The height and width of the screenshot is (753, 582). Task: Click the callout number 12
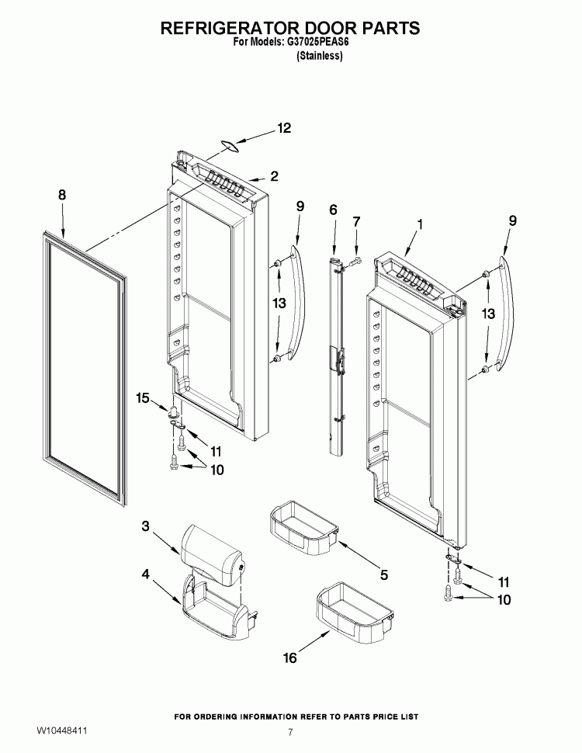[284, 128]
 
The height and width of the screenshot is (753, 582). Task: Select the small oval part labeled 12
[230, 146]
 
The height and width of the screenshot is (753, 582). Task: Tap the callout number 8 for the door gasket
[62, 195]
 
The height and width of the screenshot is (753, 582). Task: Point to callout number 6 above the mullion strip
[333, 210]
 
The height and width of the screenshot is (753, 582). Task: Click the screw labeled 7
[355, 262]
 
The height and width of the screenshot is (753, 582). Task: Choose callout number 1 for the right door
[420, 224]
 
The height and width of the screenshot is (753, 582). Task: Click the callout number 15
[142, 397]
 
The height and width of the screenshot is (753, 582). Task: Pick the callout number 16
[290, 658]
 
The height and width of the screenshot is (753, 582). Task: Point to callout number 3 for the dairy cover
[146, 526]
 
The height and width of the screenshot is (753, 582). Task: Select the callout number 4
[146, 574]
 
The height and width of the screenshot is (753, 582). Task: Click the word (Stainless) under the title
[320, 56]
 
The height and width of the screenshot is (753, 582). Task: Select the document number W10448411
[61, 730]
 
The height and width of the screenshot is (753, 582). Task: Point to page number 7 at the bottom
[290, 732]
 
